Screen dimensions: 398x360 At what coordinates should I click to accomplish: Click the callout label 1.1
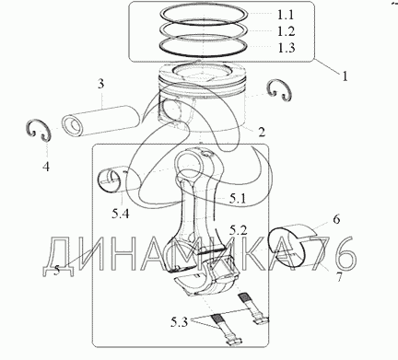click(x=286, y=15)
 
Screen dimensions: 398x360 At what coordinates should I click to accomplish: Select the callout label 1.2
click(x=287, y=31)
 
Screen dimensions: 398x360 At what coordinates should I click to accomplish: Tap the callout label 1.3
click(x=287, y=48)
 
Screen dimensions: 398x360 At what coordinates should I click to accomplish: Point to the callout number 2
click(x=261, y=133)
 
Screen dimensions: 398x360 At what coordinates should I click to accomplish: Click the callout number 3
click(x=101, y=84)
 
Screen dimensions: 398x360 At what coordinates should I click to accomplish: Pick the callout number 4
click(x=46, y=167)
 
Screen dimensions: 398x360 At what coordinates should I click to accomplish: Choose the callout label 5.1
click(x=238, y=199)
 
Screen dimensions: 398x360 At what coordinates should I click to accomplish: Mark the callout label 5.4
click(x=120, y=214)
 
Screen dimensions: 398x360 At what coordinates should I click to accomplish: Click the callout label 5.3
click(x=179, y=322)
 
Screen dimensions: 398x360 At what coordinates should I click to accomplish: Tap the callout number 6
click(x=336, y=219)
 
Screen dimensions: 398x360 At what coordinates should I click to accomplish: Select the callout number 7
click(x=339, y=277)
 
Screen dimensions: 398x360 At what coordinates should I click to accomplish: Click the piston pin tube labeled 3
click(x=102, y=121)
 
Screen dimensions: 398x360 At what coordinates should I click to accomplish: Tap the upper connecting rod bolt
click(x=252, y=308)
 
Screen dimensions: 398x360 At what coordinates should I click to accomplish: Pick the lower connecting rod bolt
click(x=226, y=331)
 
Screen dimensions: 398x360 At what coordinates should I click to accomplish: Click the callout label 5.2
click(x=238, y=230)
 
